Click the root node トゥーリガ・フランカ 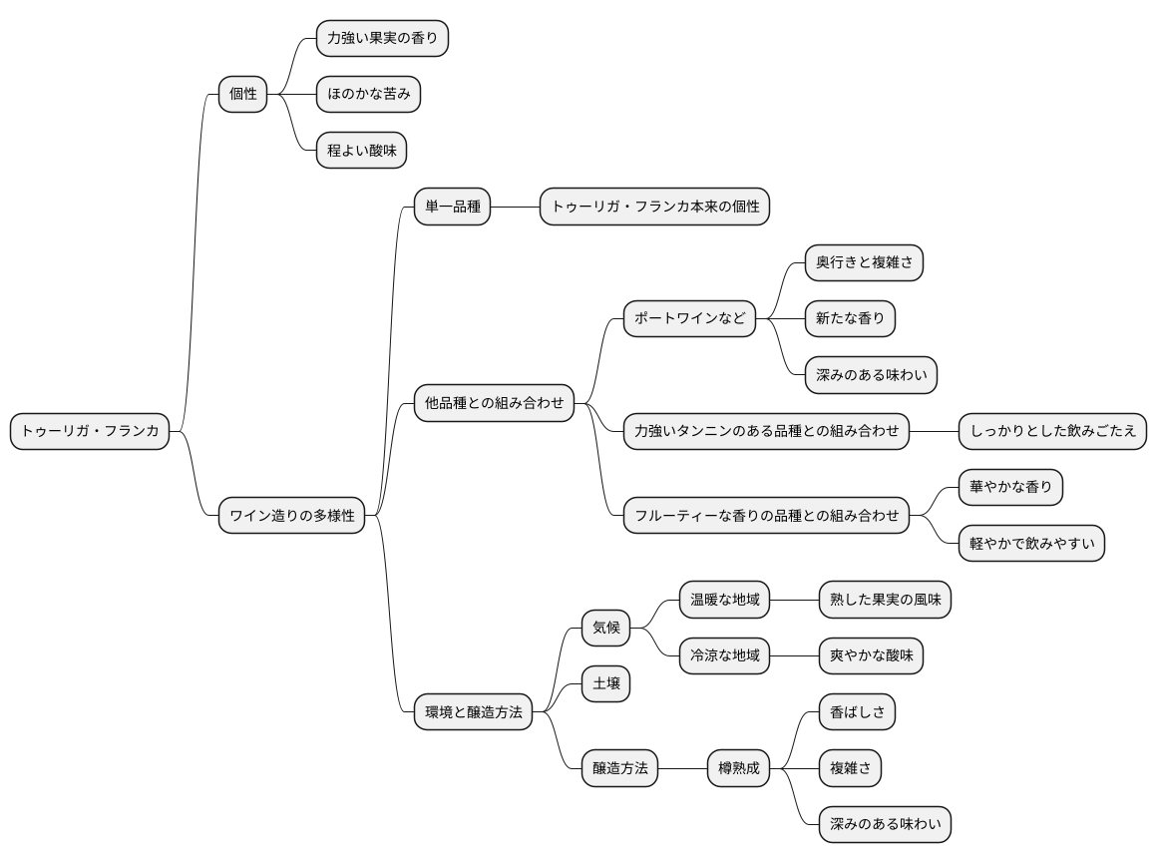coord(90,431)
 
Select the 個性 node coord(242,95)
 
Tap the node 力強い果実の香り coord(382,38)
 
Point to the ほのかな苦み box coord(368,95)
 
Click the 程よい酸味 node coord(361,151)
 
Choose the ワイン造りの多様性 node coord(291,515)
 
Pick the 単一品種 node coord(452,207)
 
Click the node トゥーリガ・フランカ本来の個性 coord(654,207)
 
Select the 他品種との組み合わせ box coord(494,403)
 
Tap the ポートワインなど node coord(689,319)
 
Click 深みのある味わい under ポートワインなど coord(871,375)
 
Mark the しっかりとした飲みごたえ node coord(1053,431)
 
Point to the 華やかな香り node coord(1010,487)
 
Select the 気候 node coord(605,628)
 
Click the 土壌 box coord(605,683)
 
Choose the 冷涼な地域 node coord(724,655)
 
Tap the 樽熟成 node coord(739,768)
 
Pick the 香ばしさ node coord(857,711)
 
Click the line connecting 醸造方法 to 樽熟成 coord(682,768)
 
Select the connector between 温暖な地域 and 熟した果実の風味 coord(794,600)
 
